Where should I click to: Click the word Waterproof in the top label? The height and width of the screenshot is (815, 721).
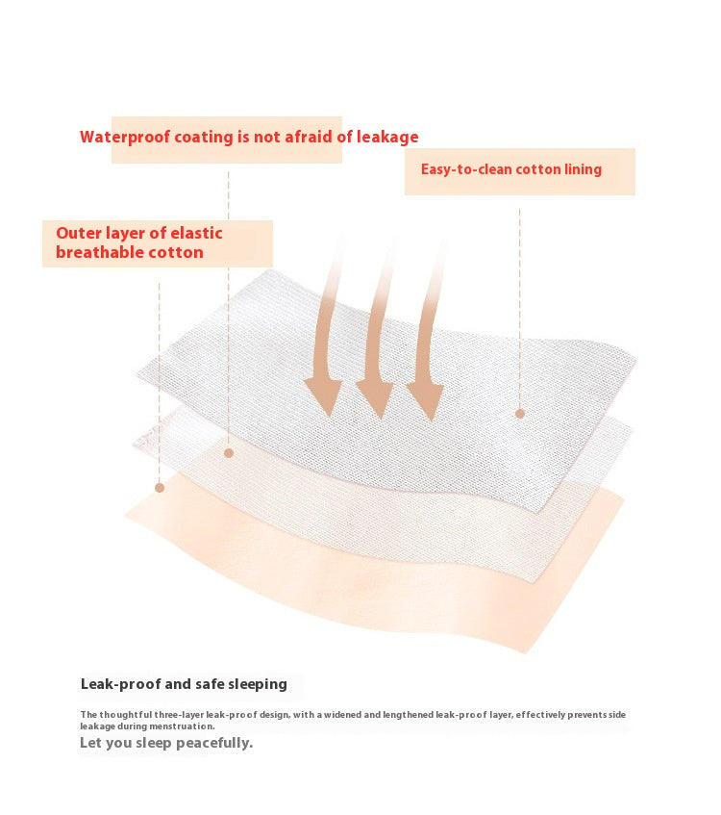[125, 138]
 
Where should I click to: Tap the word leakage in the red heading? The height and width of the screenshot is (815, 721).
[387, 137]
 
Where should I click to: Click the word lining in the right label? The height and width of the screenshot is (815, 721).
[584, 170]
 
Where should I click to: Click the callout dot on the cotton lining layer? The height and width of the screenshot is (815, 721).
[520, 414]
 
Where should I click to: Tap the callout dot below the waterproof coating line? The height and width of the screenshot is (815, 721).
[229, 453]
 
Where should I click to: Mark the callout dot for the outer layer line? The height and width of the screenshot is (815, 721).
[160, 488]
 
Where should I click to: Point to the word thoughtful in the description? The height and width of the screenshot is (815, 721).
[126, 715]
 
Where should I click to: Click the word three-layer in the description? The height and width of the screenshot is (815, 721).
[179, 715]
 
